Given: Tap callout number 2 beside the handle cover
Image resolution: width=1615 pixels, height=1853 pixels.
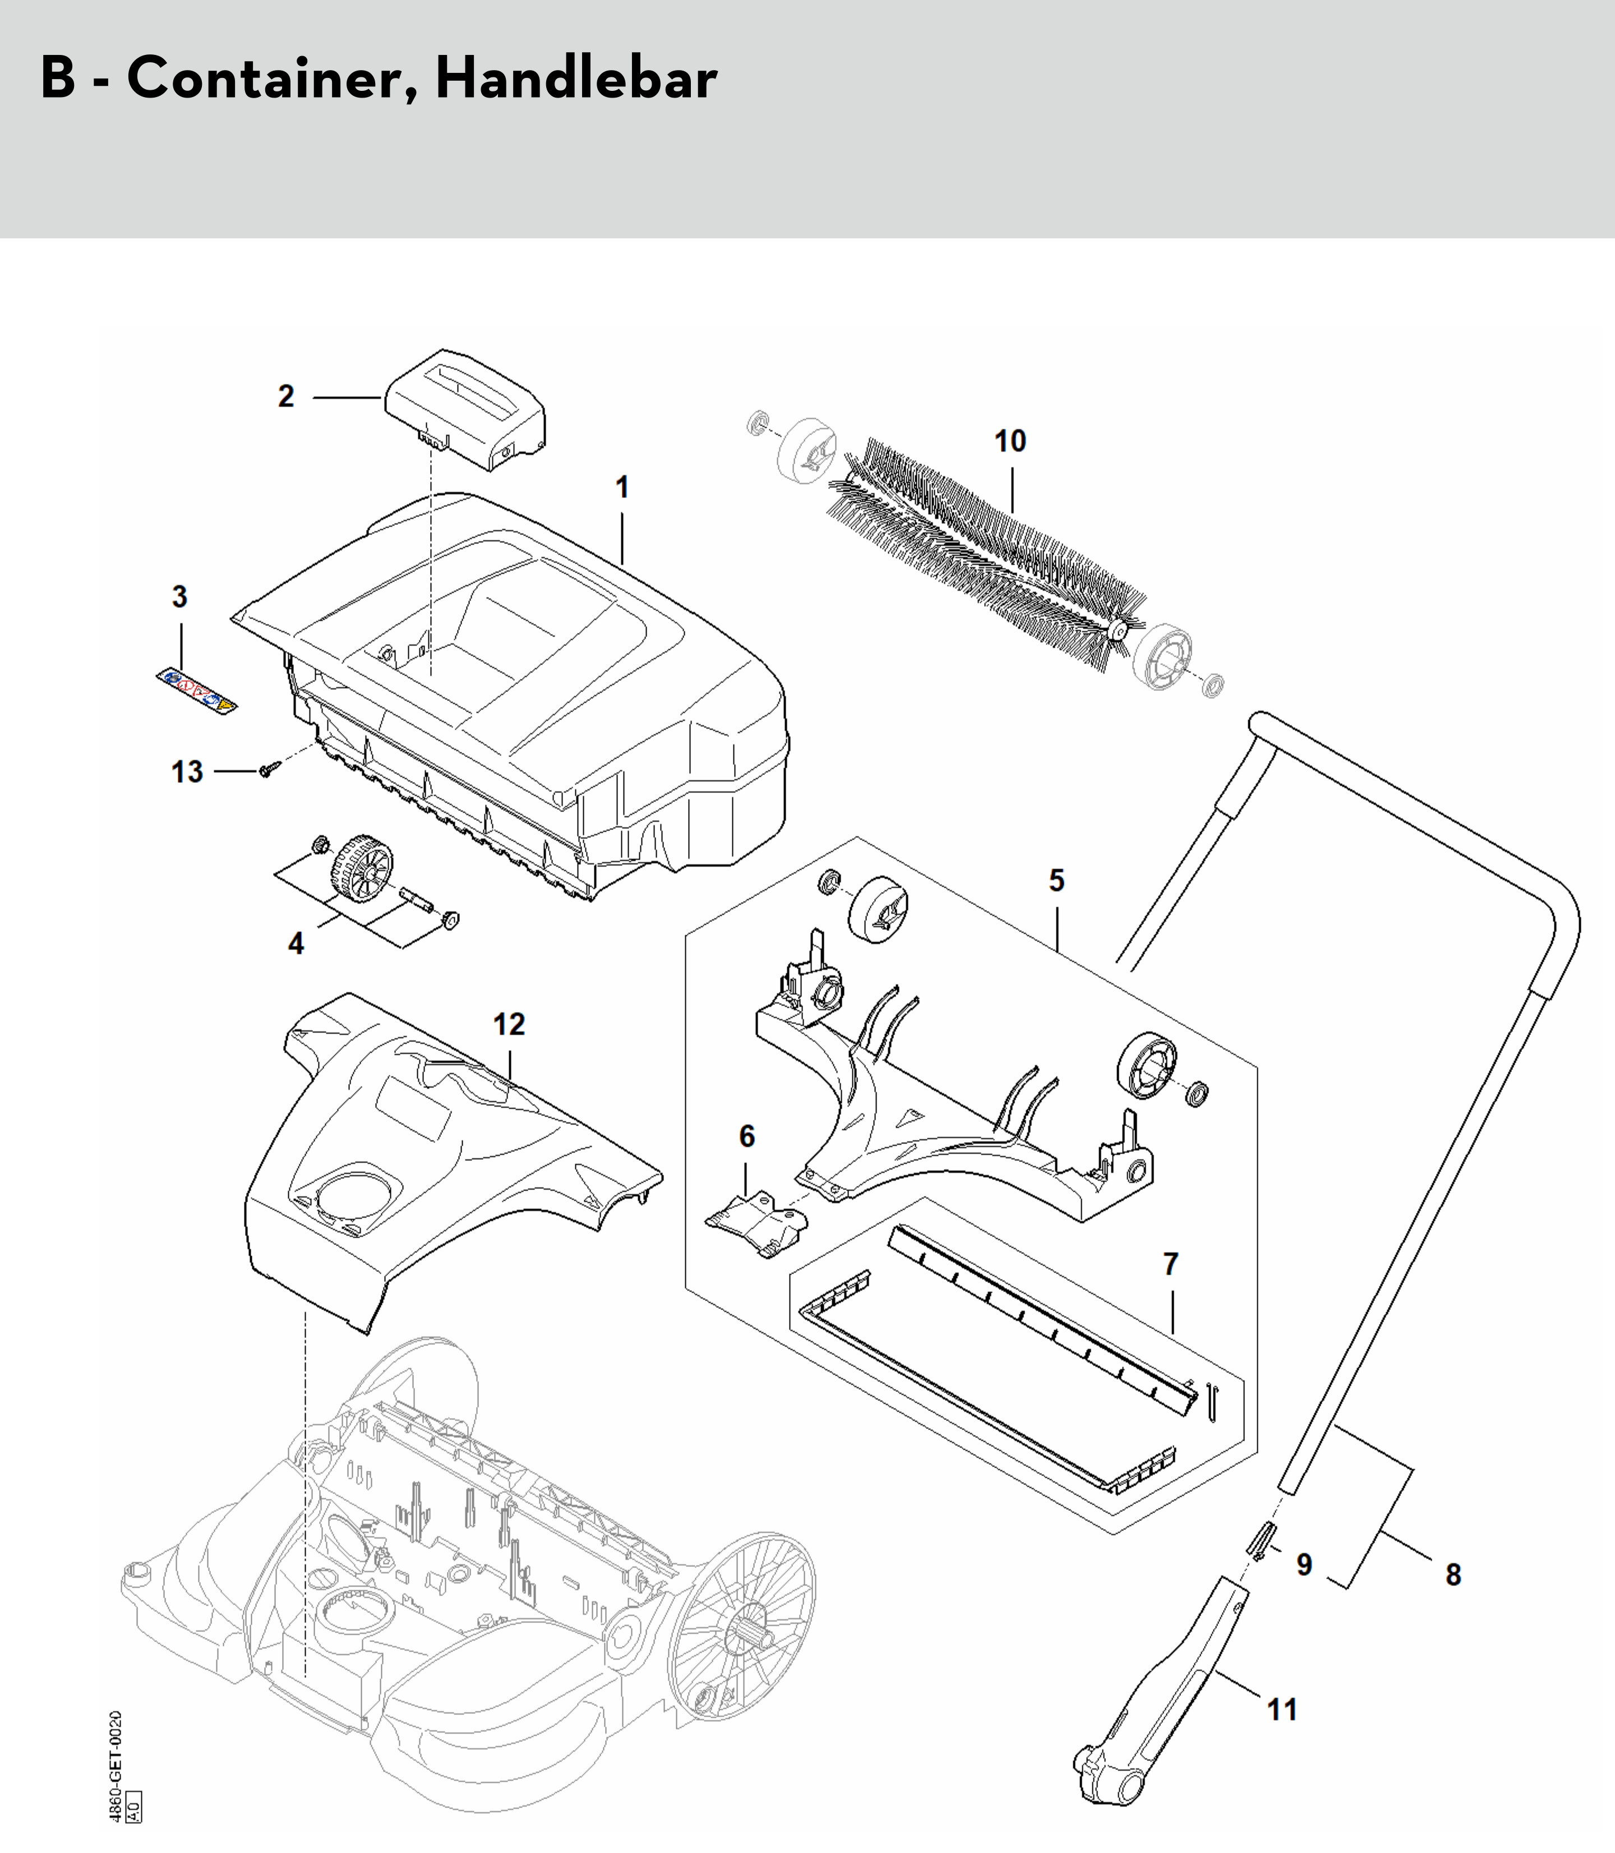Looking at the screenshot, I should tap(285, 397).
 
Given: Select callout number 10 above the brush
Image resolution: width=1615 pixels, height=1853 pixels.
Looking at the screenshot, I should tap(1010, 441).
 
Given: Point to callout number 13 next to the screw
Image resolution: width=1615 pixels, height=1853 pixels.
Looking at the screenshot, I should tap(187, 772).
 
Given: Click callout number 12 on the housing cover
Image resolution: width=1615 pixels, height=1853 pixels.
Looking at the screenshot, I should tap(509, 1025).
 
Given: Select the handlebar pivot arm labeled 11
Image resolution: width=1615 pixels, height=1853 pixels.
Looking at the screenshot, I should tap(1162, 1694).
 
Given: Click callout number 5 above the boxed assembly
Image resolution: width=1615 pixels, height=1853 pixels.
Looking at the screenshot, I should tap(1056, 881).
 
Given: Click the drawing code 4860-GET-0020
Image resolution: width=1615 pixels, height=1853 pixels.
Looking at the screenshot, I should tap(116, 1767).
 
